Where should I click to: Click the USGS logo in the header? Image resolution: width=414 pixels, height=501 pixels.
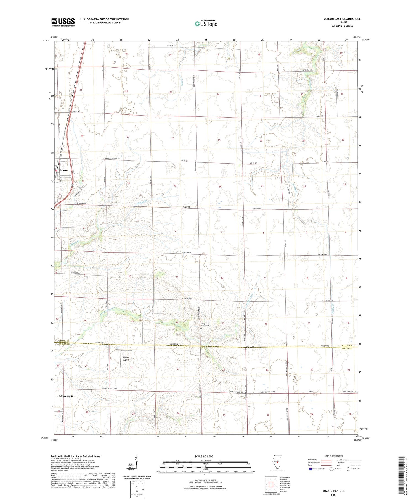pyautogui.click(x=63, y=22)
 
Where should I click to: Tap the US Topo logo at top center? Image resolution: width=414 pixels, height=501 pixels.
pyautogui.click(x=206, y=23)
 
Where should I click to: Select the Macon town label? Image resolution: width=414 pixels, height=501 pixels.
pyautogui.click(x=64, y=170)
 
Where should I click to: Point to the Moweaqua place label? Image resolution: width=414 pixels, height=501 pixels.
pyautogui.click(x=66, y=396)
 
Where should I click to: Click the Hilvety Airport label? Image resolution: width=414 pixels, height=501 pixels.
pyautogui.click(x=126, y=359)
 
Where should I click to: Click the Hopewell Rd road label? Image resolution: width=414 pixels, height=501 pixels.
pyautogui.click(x=307, y=70)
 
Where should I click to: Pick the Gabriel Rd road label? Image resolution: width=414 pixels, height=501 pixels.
pyautogui.click(x=76, y=111)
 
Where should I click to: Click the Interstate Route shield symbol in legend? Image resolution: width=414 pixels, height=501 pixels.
pyautogui.click(x=310, y=469)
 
